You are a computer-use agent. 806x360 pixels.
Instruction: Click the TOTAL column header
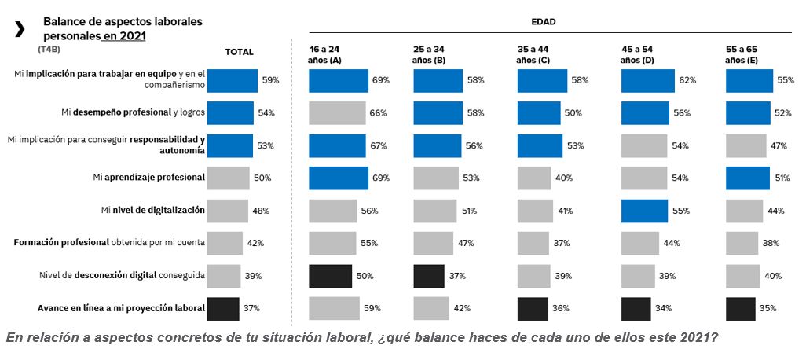click(239, 52)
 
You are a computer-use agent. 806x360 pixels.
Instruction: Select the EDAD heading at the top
click(543, 22)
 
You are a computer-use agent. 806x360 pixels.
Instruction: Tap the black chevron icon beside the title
click(20, 29)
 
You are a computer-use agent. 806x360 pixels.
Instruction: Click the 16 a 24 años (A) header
click(324, 54)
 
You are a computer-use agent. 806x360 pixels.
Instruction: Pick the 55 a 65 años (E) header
click(742, 54)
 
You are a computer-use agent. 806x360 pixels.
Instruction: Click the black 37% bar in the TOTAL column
click(223, 308)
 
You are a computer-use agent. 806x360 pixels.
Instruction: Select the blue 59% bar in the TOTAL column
click(233, 80)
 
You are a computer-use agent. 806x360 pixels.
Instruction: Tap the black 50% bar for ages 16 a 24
click(331, 276)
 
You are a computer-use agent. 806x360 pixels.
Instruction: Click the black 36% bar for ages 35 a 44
click(533, 308)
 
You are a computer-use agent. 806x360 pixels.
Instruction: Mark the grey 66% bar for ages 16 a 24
click(337, 113)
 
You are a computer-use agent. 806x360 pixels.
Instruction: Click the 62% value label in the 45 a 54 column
click(687, 80)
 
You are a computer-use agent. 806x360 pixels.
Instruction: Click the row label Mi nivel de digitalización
click(153, 211)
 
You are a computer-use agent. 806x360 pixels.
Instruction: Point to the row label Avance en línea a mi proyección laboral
click(121, 308)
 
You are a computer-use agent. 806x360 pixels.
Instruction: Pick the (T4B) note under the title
click(49, 50)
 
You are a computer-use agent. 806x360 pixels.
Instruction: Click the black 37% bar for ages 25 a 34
click(429, 276)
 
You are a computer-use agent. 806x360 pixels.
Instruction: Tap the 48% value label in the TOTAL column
click(261, 211)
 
